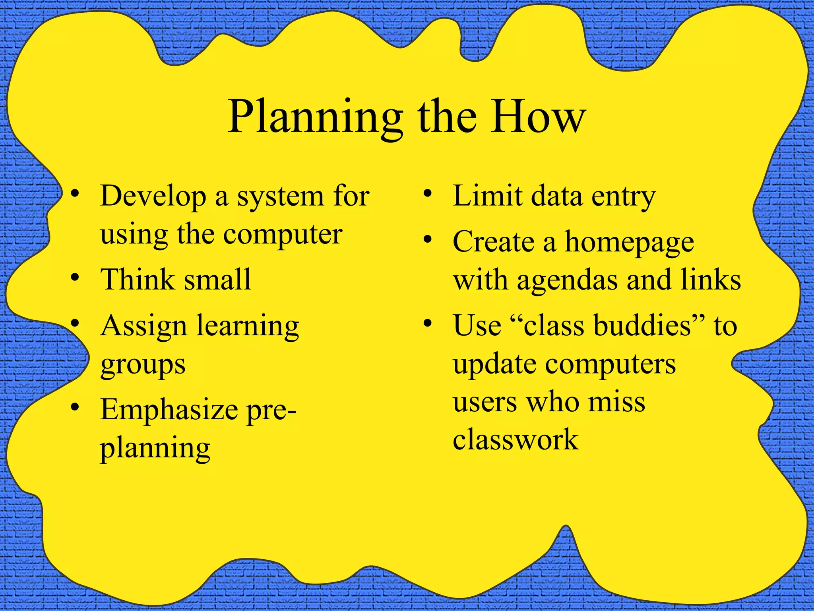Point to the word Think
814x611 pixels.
tap(137, 279)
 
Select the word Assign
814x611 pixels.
tap(143, 326)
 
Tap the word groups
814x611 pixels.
tap(143, 364)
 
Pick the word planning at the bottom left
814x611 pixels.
tap(155, 448)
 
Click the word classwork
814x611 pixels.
tap(516, 439)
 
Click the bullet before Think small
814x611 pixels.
tap(75, 278)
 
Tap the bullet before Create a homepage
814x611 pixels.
tap(427, 240)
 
